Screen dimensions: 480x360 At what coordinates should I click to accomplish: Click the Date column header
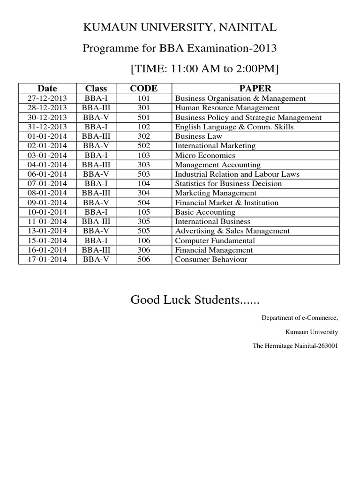pyautogui.click(x=47, y=88)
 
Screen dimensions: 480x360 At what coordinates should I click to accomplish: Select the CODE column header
pyautogui.click(x=143, y=88)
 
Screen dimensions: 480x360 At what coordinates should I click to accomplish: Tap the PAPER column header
pyautogui.click(x=255, y=88)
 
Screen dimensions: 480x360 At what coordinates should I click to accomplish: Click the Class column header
pyautogui.click(x=96, y=88)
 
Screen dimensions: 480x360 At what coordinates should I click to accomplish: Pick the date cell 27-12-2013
pyautogui.click(x=47, y=98)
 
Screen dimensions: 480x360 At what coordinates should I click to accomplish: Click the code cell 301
pyautogui.click(x=143, y=108)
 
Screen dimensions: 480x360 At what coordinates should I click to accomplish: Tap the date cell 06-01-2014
pyautogui.click(x=47, y=174)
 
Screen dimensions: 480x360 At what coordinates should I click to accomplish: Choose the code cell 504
pyautogui.click(x=143, y=202)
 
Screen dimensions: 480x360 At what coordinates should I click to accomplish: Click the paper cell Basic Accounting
pyautogui.click(x=205, y=212)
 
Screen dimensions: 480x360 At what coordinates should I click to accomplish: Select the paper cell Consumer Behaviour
pyautogui.click(x=210, y=259)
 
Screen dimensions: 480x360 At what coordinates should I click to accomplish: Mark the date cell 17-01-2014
pyautogui.click(x=47, y=259)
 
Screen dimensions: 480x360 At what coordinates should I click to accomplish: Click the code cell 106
pyautogui.click(x=143, y=240)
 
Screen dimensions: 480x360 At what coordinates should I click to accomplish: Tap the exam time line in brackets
pyautogui.click(x=204, y=68)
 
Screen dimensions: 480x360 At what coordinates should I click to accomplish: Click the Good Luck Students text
pyautogui.click(x=195, y=300)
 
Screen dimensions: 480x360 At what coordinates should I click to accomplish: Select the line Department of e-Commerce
pyautogui.click(x=300, y=318)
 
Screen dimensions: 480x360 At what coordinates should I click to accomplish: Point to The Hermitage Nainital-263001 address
pyautogui.click(x=295, y=346)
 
